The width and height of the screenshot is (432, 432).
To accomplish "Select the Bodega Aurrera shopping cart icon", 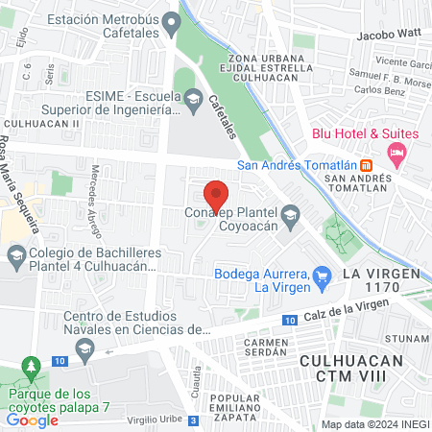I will click(x=323, y=276).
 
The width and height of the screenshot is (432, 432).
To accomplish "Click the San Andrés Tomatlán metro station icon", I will click(x=367, y=163).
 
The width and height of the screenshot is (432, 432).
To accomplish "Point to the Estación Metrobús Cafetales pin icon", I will click(x=172, y=21).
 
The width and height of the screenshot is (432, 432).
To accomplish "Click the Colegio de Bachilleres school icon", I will click(x=15, y=256).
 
